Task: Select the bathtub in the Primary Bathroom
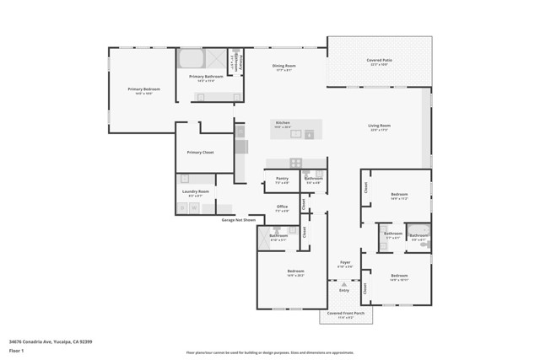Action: click(x=190, y=59)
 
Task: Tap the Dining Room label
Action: click(x=283, y=67)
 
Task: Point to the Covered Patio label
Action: click(x=378, y=61)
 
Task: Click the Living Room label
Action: click(x=379, y=127)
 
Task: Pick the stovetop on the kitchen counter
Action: click(x=295, y=163)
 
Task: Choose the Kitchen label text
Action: click(x=283, y=123)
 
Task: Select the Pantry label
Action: click(x=282, y=179)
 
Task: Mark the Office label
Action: click(x=282, y=207)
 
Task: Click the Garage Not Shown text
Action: click(x=239, y=220)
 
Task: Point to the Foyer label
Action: click(x=344, y=263)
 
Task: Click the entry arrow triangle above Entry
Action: click(x=344, y=285)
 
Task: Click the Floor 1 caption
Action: click(x=16, y=350)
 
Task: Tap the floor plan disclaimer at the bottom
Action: click(x=270, y=352)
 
